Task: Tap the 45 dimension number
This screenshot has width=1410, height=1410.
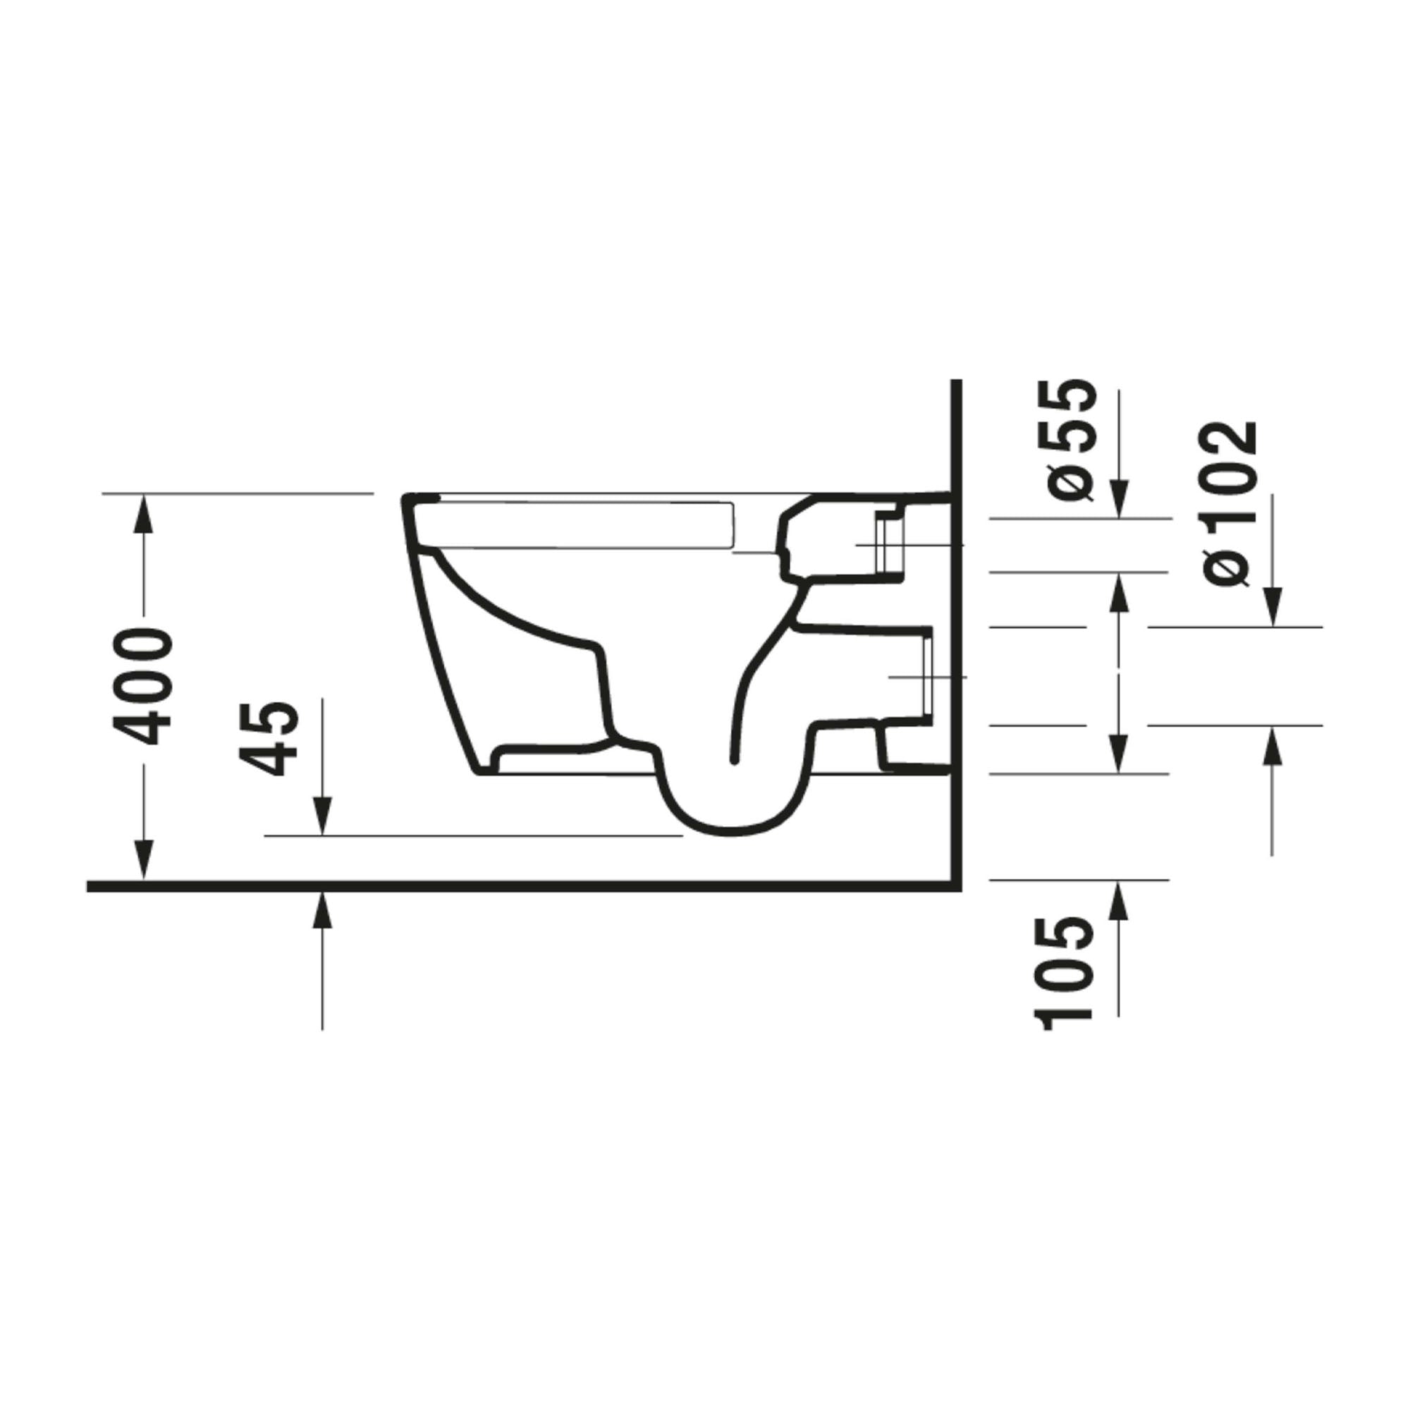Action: [271, 738]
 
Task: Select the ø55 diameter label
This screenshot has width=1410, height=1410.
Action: [1072, 440]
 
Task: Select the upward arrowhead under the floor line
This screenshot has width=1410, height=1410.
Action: [322, 909]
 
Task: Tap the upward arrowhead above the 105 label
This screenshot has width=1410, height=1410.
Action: [1120, 897]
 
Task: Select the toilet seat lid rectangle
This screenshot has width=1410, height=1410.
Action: [584, 524]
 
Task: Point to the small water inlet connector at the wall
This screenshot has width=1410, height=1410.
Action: [890, 544]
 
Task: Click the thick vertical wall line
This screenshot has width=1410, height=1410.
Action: [957, 627]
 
